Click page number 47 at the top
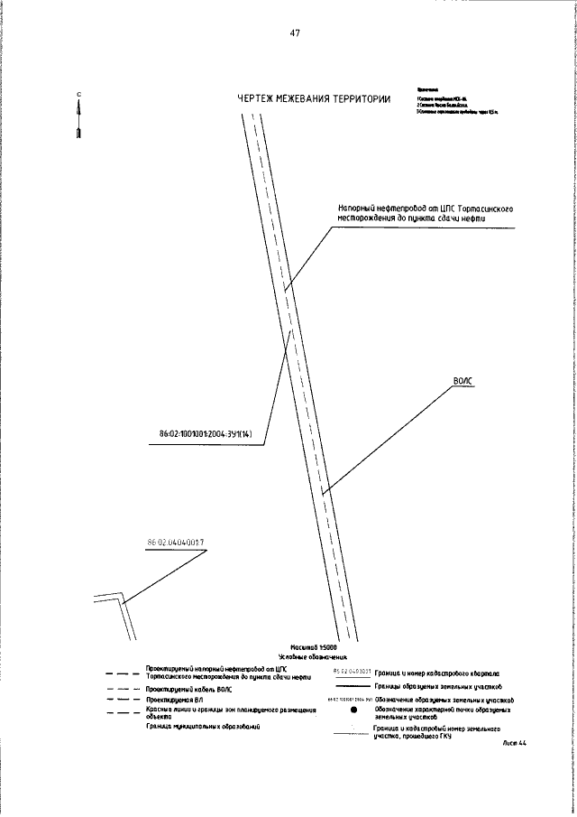[295, 33]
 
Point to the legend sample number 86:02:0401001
[352, 671]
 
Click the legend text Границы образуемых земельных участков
[438, 686]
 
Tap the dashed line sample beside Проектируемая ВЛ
[117, 700]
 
